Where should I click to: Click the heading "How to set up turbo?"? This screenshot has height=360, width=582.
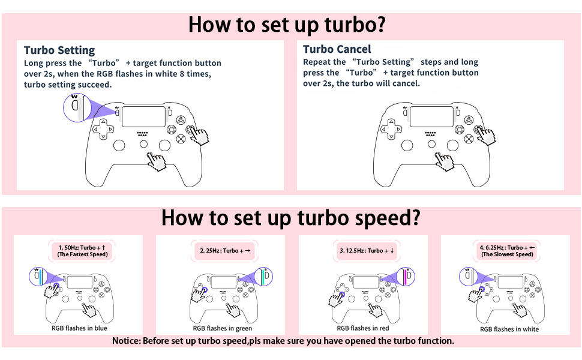pos(286,25)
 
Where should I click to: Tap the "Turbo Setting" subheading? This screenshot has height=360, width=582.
pos(59,50)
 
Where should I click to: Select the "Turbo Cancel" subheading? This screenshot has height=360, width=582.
pos(337,49)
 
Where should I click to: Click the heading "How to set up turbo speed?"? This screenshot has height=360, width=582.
pos(290,218)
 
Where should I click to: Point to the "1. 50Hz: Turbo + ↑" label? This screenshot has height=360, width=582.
pos(82,247)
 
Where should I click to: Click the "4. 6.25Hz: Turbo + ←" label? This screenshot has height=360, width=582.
pos(506,247)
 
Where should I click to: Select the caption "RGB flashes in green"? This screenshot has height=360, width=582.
pos(222,328)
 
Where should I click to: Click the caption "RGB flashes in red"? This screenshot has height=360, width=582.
pos(363,328)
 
